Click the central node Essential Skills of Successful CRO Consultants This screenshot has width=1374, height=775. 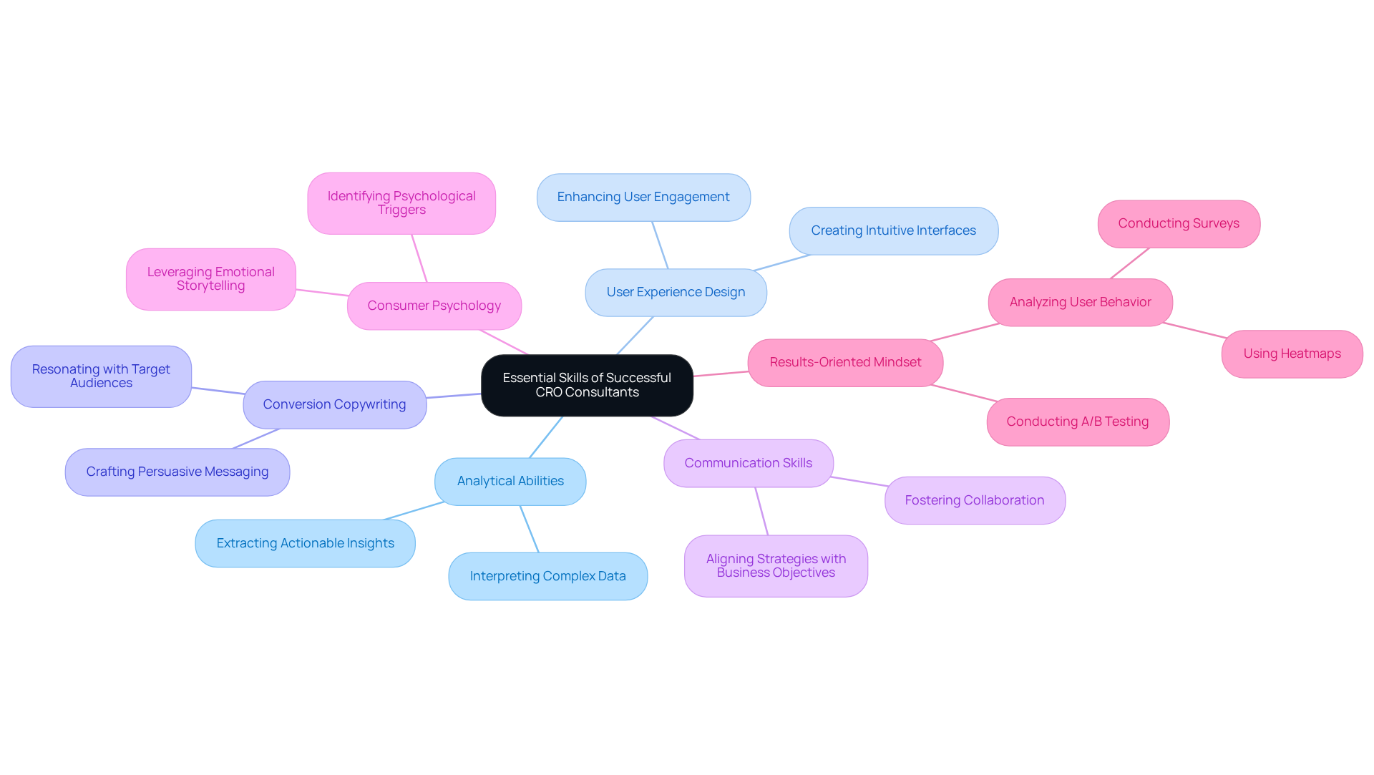point(587,385)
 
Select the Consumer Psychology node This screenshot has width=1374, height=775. point(434,306)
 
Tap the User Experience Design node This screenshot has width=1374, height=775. point(676,292)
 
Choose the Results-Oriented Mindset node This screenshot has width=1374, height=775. point(845,362)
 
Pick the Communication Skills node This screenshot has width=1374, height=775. point(748,463)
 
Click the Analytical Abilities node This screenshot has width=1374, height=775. point(510,481)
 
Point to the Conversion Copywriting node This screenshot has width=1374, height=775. point(334,404)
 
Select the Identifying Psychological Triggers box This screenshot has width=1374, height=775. point(401,203)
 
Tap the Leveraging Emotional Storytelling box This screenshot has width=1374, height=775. point(210,279)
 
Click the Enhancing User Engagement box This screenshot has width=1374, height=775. point(643,197)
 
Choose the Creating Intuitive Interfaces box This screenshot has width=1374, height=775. point(893,230)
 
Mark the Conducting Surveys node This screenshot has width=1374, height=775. point(1179,223)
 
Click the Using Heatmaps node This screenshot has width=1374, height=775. point(1292,354)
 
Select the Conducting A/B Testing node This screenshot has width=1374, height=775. point(1077,421)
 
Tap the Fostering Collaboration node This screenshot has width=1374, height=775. point(974,500)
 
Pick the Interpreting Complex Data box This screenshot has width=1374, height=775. point(547,576)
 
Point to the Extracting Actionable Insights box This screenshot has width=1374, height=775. point(305,543)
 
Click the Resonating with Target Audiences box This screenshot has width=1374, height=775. point(101,376)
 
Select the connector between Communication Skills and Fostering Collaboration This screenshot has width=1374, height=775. point(859,482)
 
